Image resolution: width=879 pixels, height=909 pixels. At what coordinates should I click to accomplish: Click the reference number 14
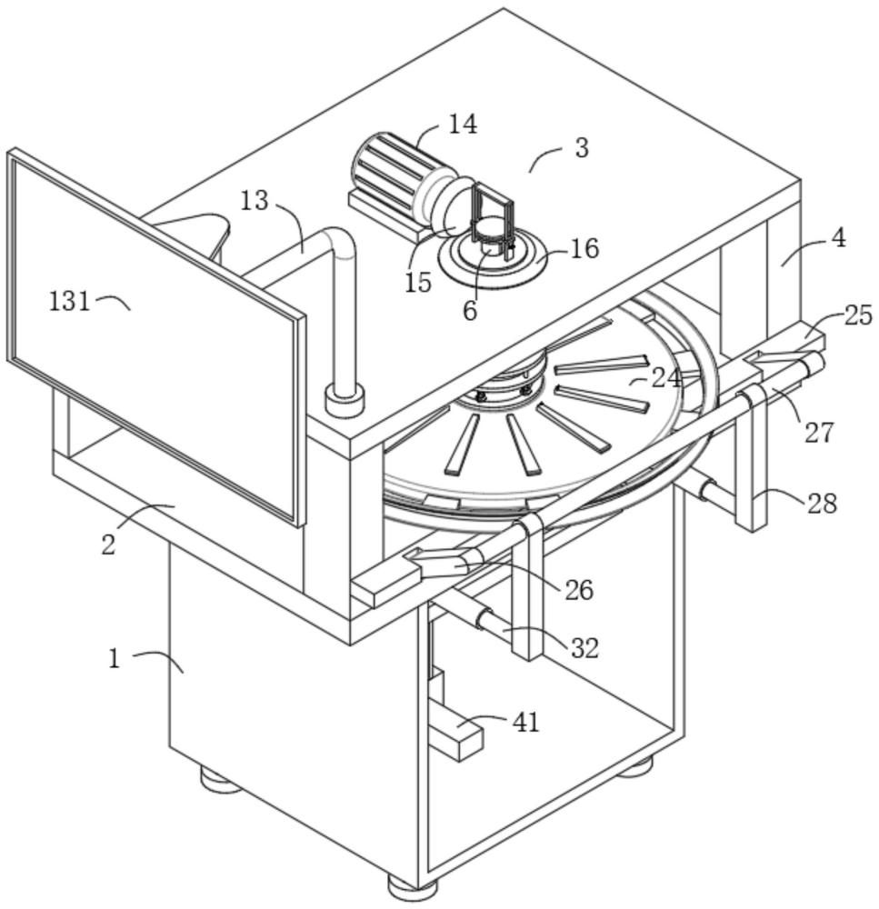coord(463,124)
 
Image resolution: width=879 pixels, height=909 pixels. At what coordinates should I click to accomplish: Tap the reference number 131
coord(70,302)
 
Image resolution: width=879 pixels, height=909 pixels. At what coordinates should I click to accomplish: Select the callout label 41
coord(526,723)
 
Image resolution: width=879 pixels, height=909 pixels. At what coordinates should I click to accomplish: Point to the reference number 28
coord(823,504)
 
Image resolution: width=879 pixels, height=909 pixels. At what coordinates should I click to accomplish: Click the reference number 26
coord(579,590)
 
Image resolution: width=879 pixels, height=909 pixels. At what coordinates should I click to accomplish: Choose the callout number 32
coord(584,647)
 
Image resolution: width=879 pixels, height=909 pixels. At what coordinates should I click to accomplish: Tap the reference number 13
coord(255,201)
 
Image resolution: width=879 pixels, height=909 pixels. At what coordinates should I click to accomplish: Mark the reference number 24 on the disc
coord(666,377)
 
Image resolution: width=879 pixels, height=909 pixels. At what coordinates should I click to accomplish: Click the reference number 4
coord(840,238)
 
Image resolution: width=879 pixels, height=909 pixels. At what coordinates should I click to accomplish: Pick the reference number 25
coord(858,315)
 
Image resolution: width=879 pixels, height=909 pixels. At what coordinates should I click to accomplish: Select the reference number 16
coord(585,249)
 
